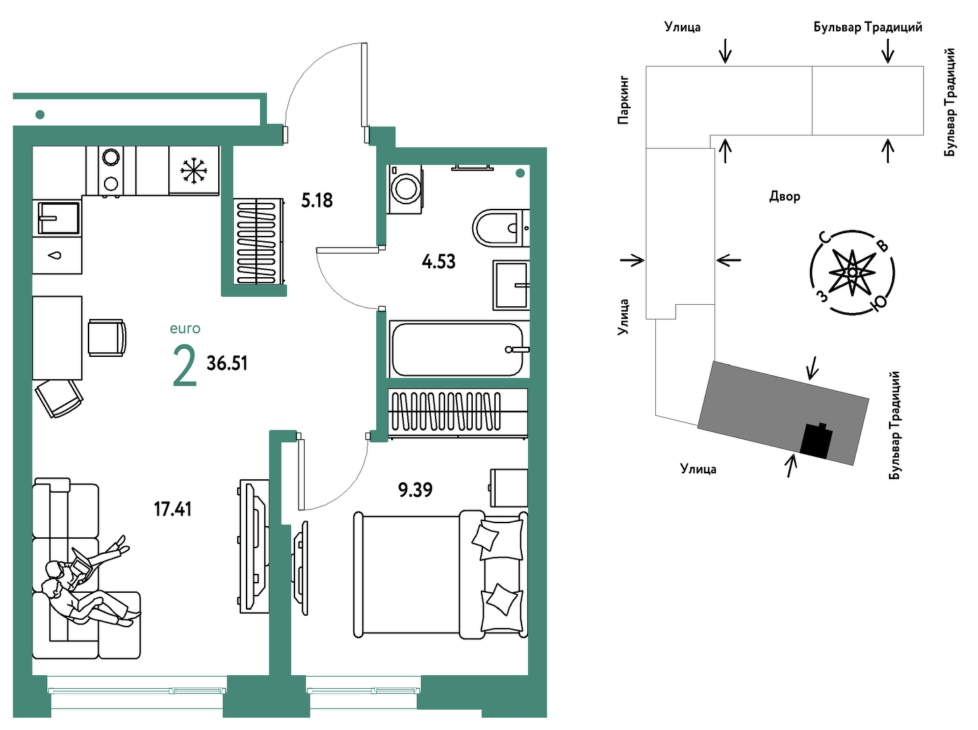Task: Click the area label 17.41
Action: [172, 509]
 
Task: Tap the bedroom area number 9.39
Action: [415, 489]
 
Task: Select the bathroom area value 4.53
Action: [438, 262]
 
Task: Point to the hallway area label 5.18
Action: [317, 200]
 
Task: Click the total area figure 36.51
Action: [227, 364]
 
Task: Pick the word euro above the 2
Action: [185, 328]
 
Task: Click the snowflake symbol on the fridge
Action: [194, 170]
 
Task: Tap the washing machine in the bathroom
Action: [405, 189]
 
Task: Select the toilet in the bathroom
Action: [500, 228]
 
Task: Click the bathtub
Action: [459, 349]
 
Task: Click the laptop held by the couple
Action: [82, 563]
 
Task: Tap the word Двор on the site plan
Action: [785, 197]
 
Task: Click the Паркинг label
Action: [623, 100]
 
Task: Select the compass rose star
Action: [852, 272]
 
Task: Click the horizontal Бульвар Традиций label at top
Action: [867, 27]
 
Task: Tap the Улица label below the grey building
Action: [698, 468]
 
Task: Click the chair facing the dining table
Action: [107, 337]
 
